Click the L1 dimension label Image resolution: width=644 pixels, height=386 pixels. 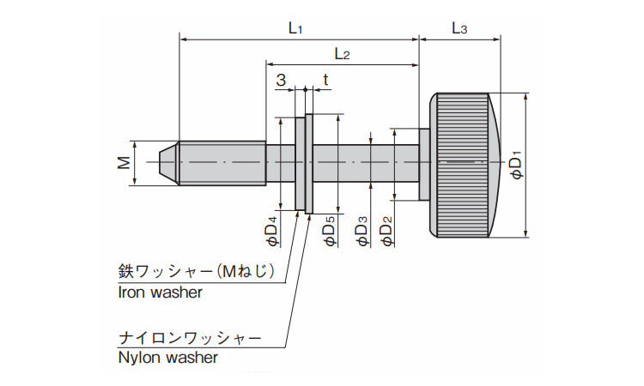(295, 27)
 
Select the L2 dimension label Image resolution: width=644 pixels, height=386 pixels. (341, 54)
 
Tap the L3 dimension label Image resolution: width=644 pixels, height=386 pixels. (459, 28)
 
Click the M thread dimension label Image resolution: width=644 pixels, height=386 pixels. (125, 161)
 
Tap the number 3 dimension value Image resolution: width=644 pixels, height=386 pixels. (281, 80)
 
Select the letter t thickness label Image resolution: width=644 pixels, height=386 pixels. (325, 80)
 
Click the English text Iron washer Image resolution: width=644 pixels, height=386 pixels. (160, 292)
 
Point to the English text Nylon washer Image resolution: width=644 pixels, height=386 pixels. (167, 358)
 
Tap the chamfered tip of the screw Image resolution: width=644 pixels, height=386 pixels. (171, 161)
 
